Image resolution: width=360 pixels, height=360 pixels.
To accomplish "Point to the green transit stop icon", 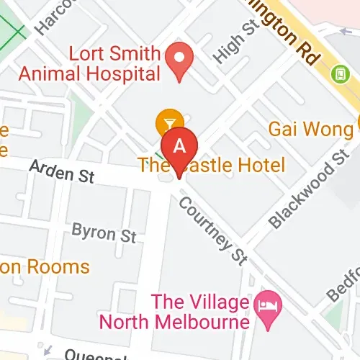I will [x=338, y=73].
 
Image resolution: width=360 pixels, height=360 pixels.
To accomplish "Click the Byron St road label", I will [x=104, y=234].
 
